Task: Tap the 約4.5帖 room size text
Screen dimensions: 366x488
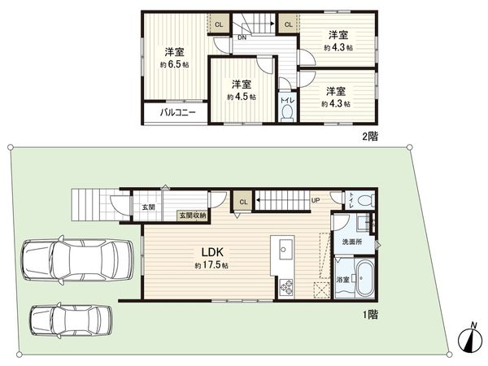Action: coord(242,97)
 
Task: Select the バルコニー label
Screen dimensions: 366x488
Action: coord(176,112)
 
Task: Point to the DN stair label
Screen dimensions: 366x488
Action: coord(242,37)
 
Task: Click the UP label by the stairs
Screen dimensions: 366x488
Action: coord(314,199)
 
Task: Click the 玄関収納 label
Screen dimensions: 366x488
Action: coord(193,215)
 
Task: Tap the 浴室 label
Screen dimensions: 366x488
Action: coord(342,281)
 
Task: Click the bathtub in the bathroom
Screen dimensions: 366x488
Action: coord(363,279)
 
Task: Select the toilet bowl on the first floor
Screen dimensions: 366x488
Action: coord(365,198)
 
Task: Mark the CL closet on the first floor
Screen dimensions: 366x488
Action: coord(243,200)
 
